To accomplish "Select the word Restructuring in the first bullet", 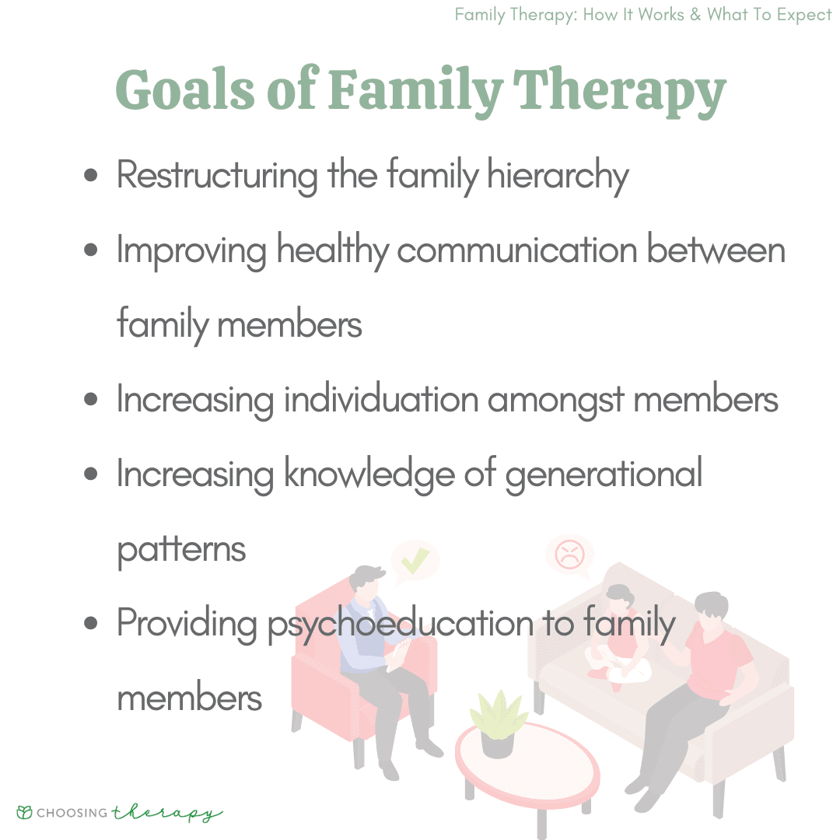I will click(x=217, y=177).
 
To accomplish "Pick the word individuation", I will click(x=380, y=400).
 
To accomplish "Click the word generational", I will click(x=604, y=475).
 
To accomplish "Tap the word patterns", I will click(x=181, y=550).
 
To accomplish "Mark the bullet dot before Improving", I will click(x=92, y=251).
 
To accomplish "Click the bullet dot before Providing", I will click(x=92, y=624).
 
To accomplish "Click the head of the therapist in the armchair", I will click(x=367, y=579).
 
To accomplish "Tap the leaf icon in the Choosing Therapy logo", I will click(x=25, y=813).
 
